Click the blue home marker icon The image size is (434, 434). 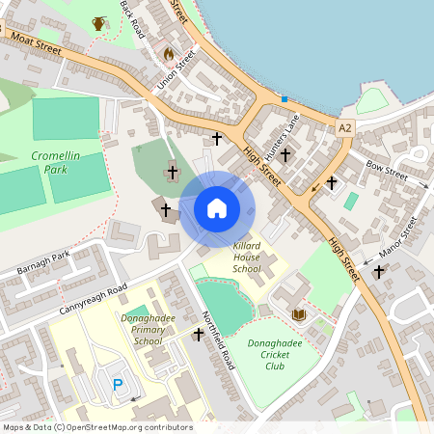click(217, 208)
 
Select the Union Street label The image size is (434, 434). click(176, 68)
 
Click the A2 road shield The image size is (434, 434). click(346, 127)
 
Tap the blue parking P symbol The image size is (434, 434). click(118, 385)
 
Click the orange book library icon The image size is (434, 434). click(299, 314)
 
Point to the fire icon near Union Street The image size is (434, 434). click(170, 55)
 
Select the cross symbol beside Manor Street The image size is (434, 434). click(379, 272)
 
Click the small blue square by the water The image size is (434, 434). click(284, 98)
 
